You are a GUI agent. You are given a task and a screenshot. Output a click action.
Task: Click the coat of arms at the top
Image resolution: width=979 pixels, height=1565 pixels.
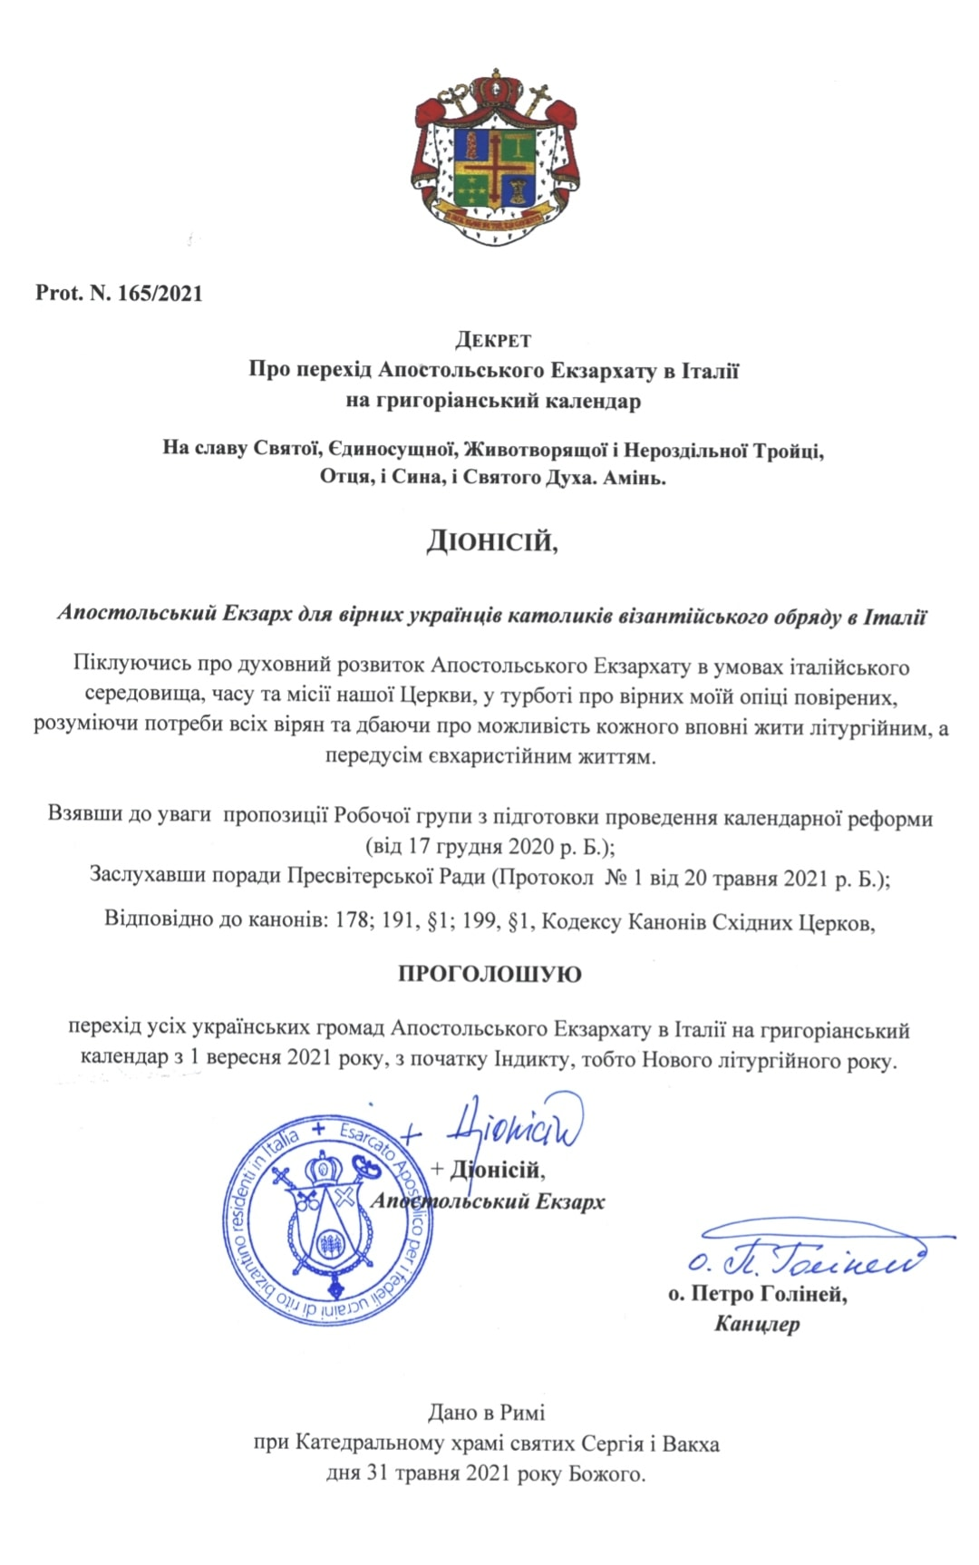tap(489, 156)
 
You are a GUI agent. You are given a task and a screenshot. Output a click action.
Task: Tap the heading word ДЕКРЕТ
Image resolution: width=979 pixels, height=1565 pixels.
tap(493, 341)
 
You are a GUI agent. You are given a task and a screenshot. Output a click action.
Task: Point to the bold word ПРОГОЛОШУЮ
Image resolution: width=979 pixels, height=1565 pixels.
tap(489, 975)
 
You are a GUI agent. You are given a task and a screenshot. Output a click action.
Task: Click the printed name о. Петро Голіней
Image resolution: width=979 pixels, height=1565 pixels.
tap(758, 1294)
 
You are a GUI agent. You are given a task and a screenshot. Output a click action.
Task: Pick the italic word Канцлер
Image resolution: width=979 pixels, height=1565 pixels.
tap(757, 1324)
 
